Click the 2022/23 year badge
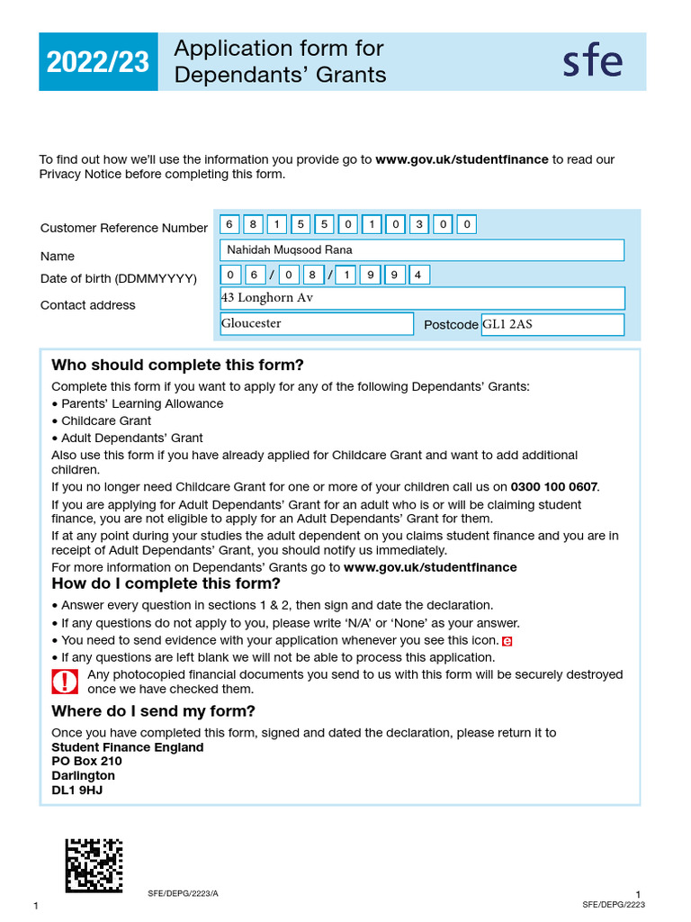coord(98,62)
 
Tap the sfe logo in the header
coord(592,61)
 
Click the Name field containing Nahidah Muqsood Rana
coord(421,250)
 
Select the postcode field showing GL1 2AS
coord(552,324)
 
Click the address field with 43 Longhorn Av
coord(421,298)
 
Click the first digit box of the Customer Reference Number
coord(229,224)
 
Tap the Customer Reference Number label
coord(123,229)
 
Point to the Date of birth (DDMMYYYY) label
coord(118,279)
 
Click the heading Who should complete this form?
coord(177,365)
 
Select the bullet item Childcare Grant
coord(105,420)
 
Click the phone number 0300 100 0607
coord(553,487)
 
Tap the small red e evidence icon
coord(507,641)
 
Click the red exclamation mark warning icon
coord(65,682)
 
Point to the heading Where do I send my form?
coord(153,711)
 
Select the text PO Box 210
coord(86,762)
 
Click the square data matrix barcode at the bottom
coord(94,865)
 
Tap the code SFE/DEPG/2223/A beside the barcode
coord(183,894)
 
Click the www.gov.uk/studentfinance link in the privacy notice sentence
coord(462,159)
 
